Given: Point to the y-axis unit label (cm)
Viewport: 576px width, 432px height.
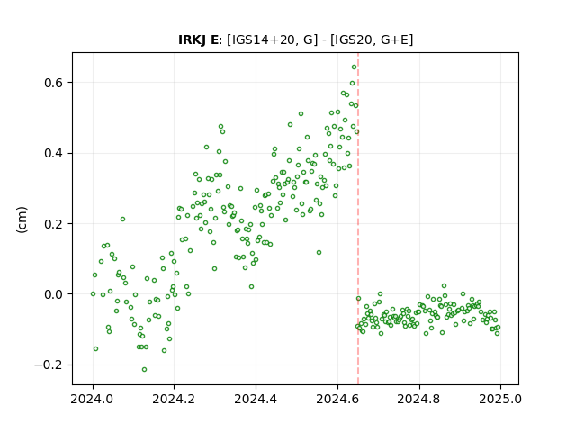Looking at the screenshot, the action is click(22, 220).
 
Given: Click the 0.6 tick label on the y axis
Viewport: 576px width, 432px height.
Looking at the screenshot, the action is click(54, 83).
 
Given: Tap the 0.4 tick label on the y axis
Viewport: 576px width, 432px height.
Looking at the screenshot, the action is click(54, 153).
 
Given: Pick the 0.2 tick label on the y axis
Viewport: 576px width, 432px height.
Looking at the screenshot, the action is click(54, 224).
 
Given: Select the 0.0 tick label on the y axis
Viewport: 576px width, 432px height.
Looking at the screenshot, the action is click(54, 294).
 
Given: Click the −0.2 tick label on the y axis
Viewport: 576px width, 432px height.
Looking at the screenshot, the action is click(49, 364).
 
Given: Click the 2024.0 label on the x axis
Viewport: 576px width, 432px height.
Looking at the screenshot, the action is click(93, 399).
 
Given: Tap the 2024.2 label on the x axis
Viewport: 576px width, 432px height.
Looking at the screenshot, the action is click(175, 399).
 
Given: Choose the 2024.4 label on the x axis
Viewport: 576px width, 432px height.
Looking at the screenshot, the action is click(256, 399).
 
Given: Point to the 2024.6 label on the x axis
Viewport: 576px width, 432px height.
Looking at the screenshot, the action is click(337, 399).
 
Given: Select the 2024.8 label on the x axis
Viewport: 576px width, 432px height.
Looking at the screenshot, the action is click(419, 399).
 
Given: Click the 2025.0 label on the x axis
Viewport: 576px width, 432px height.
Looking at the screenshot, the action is click(500, 399).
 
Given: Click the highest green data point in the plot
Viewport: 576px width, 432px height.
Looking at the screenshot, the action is click(354, 67).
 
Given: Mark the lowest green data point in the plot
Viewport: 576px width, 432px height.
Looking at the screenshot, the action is click(144, 369).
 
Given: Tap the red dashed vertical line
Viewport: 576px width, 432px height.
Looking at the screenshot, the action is click(358, 219).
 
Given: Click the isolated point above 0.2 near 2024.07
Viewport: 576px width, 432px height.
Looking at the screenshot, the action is click(122, 220).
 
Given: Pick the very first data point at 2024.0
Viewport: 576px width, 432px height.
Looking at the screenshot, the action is click(93, 294).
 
